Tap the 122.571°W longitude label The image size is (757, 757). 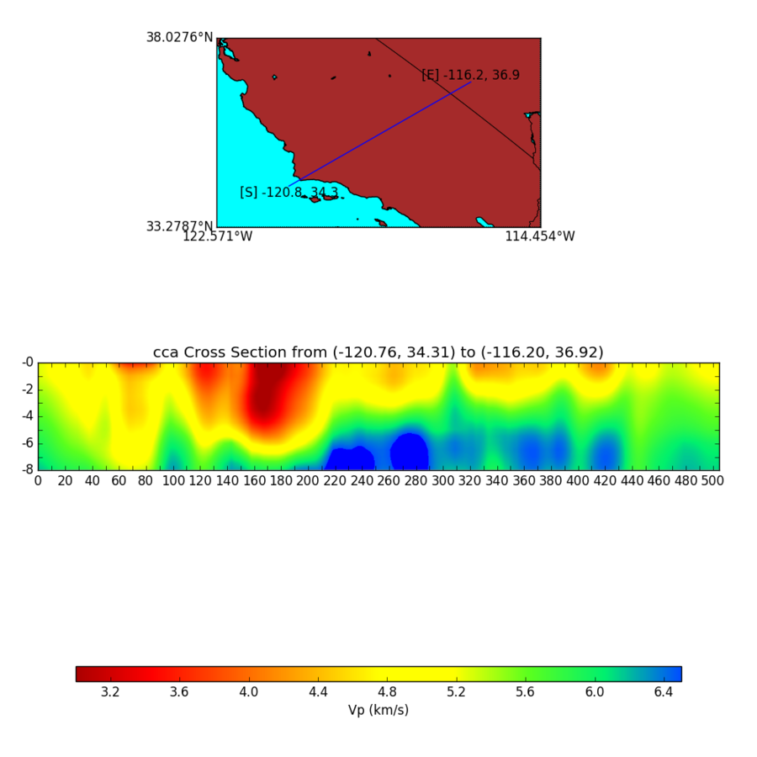[x=217, y=237]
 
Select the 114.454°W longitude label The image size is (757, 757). [x=539, y=237]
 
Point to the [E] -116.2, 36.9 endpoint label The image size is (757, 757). [x=470, y=76]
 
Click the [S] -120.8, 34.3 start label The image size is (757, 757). [x=289, y=193]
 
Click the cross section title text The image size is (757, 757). [x=378, y=352]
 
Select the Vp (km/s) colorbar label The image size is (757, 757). [x=378, y=711]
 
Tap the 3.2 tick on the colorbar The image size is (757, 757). [x=110, y=692]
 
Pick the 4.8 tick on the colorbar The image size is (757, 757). [x=387, y=692]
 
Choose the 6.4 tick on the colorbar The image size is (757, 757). [x=664, y=692]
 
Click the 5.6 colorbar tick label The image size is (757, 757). [x=526, y=692]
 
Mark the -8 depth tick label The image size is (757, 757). [x=27, y=469]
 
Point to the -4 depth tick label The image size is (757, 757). [x=27, y=416]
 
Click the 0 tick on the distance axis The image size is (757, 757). [x=38, y=481]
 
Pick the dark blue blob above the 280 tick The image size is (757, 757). [x=410, y=451]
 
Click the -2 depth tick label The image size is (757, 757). [x=27, y=389]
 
